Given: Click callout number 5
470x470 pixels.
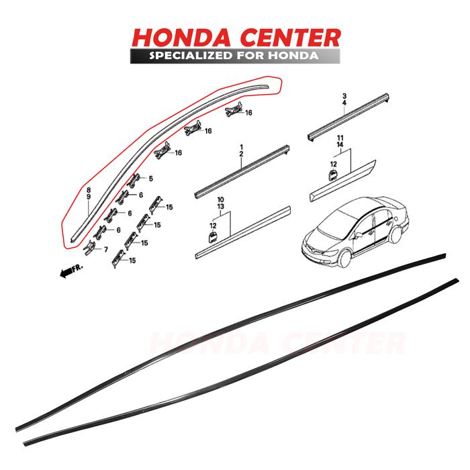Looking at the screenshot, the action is pyautogui.click(x=150, y=179).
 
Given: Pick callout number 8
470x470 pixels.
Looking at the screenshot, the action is pyautogui.click(x=87, y=191).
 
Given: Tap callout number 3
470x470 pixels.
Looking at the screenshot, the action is pyautogui.click(x=344, y=97).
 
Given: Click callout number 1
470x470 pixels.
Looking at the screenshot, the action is pyautogui.click(x=240, y=146).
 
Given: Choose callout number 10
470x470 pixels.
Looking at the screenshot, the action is pyautogui.click(x=220, y=200).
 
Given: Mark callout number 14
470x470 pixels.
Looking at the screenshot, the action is pyautogui.click(x=340, y=145).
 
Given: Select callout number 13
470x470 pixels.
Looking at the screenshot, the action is pyautogui.click(x=220, y=207).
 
